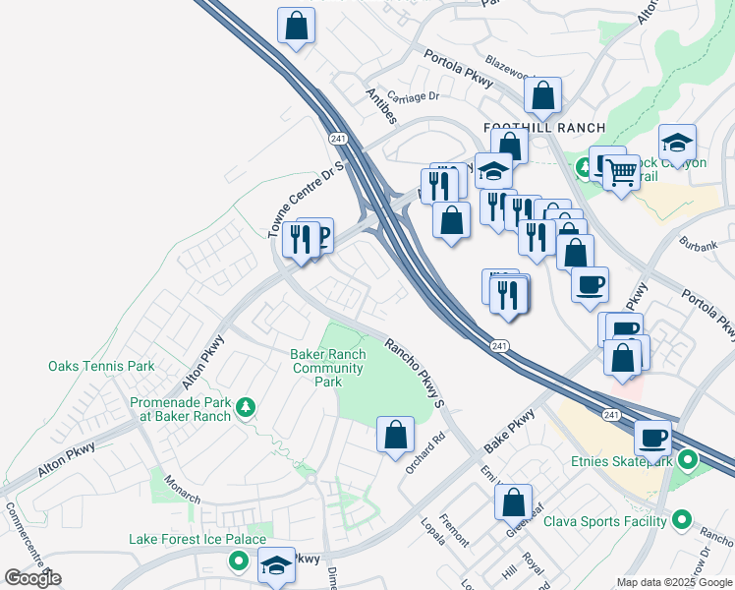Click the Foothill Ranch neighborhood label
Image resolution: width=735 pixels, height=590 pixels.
532,129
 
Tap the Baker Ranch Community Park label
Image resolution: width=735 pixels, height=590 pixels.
329,368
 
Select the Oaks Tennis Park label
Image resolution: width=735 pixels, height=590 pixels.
101,367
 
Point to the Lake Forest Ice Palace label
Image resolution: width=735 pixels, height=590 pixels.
198,539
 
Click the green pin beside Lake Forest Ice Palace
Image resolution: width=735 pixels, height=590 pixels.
237,562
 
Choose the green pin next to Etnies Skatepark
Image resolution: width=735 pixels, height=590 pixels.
688,458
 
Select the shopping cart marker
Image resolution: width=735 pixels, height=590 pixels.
621,174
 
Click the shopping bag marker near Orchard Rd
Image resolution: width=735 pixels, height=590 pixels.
395,434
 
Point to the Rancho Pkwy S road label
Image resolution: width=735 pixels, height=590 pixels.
416,374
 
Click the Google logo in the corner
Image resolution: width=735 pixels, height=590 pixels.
32,578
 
